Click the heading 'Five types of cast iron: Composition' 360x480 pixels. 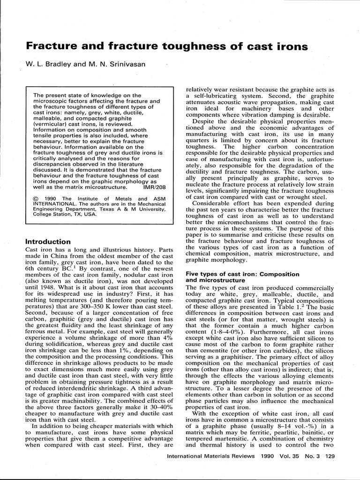242,274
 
